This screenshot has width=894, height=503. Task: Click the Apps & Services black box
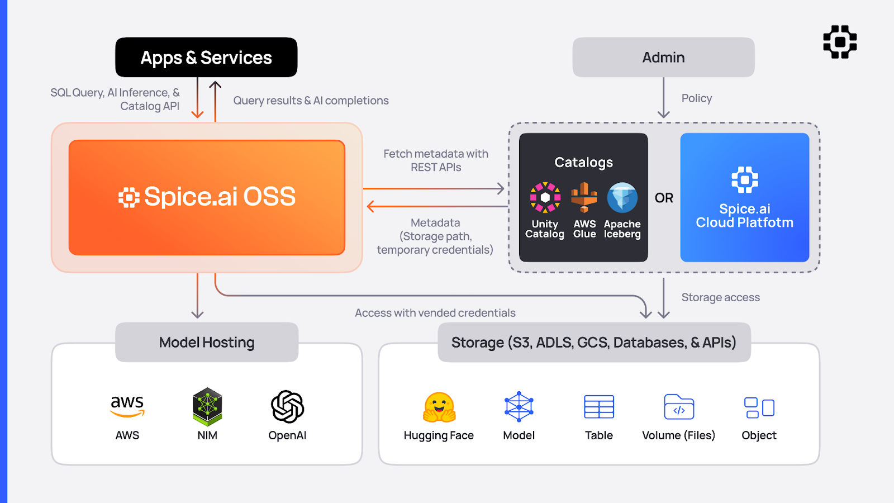[206, 57]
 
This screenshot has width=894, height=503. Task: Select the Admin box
[663, 57]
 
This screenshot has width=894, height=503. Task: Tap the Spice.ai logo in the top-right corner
[840, 42]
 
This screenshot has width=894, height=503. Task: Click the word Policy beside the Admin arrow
[697, 98]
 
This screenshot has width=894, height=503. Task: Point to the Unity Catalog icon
[545, 197]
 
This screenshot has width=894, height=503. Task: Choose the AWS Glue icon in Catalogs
[584, 197]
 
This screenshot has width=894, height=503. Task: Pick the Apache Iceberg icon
[622, 197]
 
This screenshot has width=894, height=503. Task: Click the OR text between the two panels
[664, 198]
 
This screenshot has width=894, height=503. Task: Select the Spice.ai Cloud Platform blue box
[744, 197]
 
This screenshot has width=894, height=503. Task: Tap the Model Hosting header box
[207, 342]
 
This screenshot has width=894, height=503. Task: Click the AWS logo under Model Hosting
[127, 406]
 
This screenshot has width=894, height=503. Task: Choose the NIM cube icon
[207, 406]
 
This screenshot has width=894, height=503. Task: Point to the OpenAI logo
[287, 406]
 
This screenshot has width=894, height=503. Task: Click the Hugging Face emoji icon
[439, 407]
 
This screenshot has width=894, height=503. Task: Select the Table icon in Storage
[599, 407]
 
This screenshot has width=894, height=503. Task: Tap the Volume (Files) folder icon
[679, 407]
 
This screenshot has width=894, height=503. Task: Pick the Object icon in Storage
[759, 407]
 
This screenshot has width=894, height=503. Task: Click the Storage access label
[720, 297]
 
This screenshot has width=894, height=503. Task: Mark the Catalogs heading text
[583, 162]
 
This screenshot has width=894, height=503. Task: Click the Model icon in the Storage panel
[519, 406]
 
